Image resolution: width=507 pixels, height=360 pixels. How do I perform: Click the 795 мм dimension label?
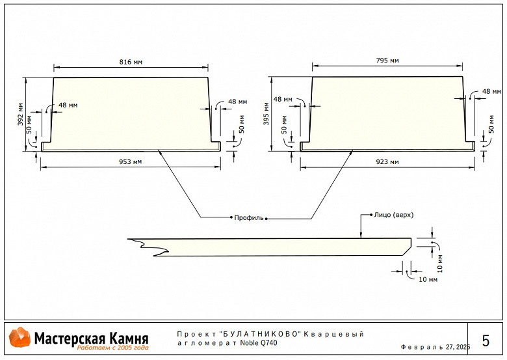387,61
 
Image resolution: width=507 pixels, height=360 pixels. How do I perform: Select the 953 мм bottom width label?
131,161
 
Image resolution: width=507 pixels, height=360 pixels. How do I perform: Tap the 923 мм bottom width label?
388,161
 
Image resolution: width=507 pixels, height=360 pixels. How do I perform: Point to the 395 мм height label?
265,114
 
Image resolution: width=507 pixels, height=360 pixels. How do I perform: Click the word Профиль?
249,218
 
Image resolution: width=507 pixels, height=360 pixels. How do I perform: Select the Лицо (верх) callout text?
394,214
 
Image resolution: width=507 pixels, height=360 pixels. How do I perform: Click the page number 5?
486,340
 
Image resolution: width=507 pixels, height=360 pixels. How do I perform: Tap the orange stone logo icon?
19,338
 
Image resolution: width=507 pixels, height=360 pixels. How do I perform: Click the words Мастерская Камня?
91,338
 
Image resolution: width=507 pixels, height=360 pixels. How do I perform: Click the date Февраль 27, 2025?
435,347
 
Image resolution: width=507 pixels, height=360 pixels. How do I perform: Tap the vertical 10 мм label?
439,263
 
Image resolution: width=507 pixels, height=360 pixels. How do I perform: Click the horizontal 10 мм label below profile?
427,279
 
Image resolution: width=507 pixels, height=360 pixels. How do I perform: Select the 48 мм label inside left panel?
68,105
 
